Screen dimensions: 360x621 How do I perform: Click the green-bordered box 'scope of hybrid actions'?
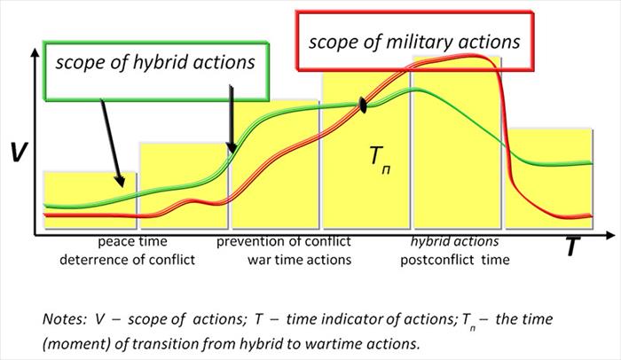(x=155, y=63)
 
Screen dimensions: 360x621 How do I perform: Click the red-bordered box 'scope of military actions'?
(x=413, y=42)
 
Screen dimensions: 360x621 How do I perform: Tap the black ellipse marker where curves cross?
(x=363, y=106)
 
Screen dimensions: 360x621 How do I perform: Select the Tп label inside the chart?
(x=379, y=160)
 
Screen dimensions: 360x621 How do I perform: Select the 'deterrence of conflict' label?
(x=127, y=260)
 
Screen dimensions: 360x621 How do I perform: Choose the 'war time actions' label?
(x=300, y=260)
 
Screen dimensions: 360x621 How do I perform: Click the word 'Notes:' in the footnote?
(x=62, y=318)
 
